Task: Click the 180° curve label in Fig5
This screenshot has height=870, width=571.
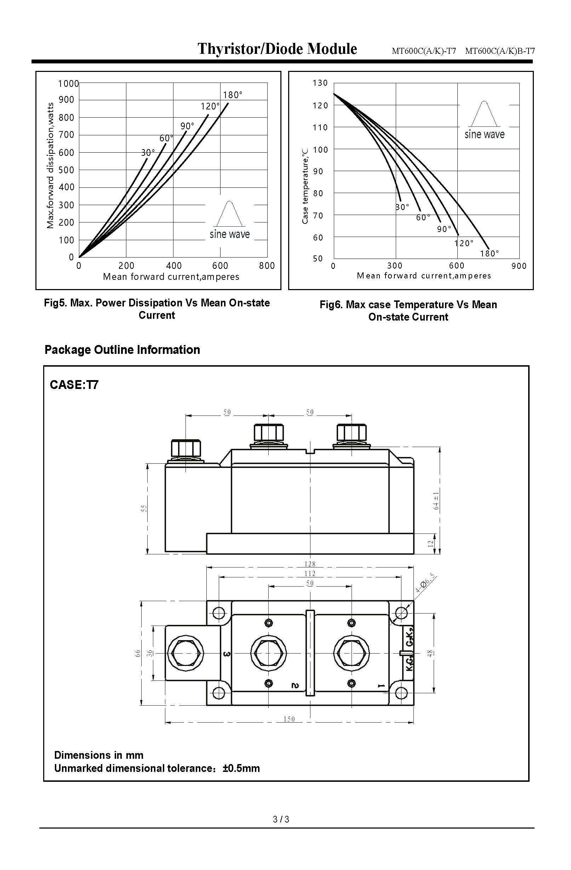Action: (233, 95)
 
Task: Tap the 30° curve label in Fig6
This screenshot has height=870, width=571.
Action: (402, 207)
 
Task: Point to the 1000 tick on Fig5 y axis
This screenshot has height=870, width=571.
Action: (68, 84)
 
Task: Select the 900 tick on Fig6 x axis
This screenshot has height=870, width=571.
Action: (519, 266)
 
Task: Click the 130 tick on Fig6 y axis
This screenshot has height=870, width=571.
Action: (320, 83)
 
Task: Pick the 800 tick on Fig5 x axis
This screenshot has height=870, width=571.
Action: (267, 266)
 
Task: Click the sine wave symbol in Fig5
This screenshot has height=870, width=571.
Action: (229, 214)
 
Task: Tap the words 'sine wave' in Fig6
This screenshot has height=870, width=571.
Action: (484, 135)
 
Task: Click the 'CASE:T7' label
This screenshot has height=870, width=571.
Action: (74, 385)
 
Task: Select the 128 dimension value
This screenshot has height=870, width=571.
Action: (309, 564)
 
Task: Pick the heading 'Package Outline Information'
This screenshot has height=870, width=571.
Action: (122, 350)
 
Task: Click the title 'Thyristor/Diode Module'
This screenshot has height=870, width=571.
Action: (277, 49)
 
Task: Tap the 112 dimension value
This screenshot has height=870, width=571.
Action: (309, 574)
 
